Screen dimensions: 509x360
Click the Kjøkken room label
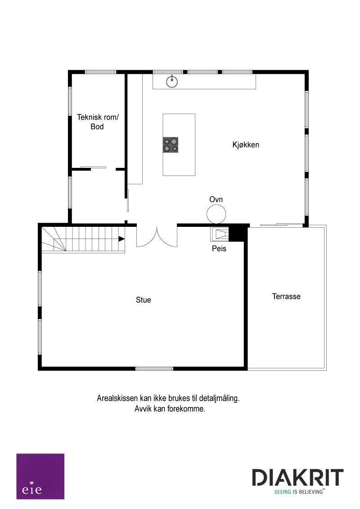[246, 145]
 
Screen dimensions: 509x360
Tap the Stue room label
[144, 300]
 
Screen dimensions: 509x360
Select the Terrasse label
[286, 297]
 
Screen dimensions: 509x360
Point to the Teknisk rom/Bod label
[98, 122]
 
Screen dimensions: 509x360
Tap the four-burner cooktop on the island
[171, 144]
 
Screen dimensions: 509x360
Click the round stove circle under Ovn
[216, 214]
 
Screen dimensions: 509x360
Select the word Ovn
[216, 199]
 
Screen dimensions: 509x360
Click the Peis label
[219, 248]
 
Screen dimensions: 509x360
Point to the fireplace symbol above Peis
[220, 234]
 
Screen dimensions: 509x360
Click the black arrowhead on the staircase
[121, 239]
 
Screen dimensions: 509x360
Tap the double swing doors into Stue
[157, 236]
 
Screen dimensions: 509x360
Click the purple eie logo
[40, 476]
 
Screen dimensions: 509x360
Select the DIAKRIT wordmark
[297, 477]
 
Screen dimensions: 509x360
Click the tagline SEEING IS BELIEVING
[300, 492]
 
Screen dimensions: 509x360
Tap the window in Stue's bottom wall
[154, 369]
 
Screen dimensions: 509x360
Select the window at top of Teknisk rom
[101, 72]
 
